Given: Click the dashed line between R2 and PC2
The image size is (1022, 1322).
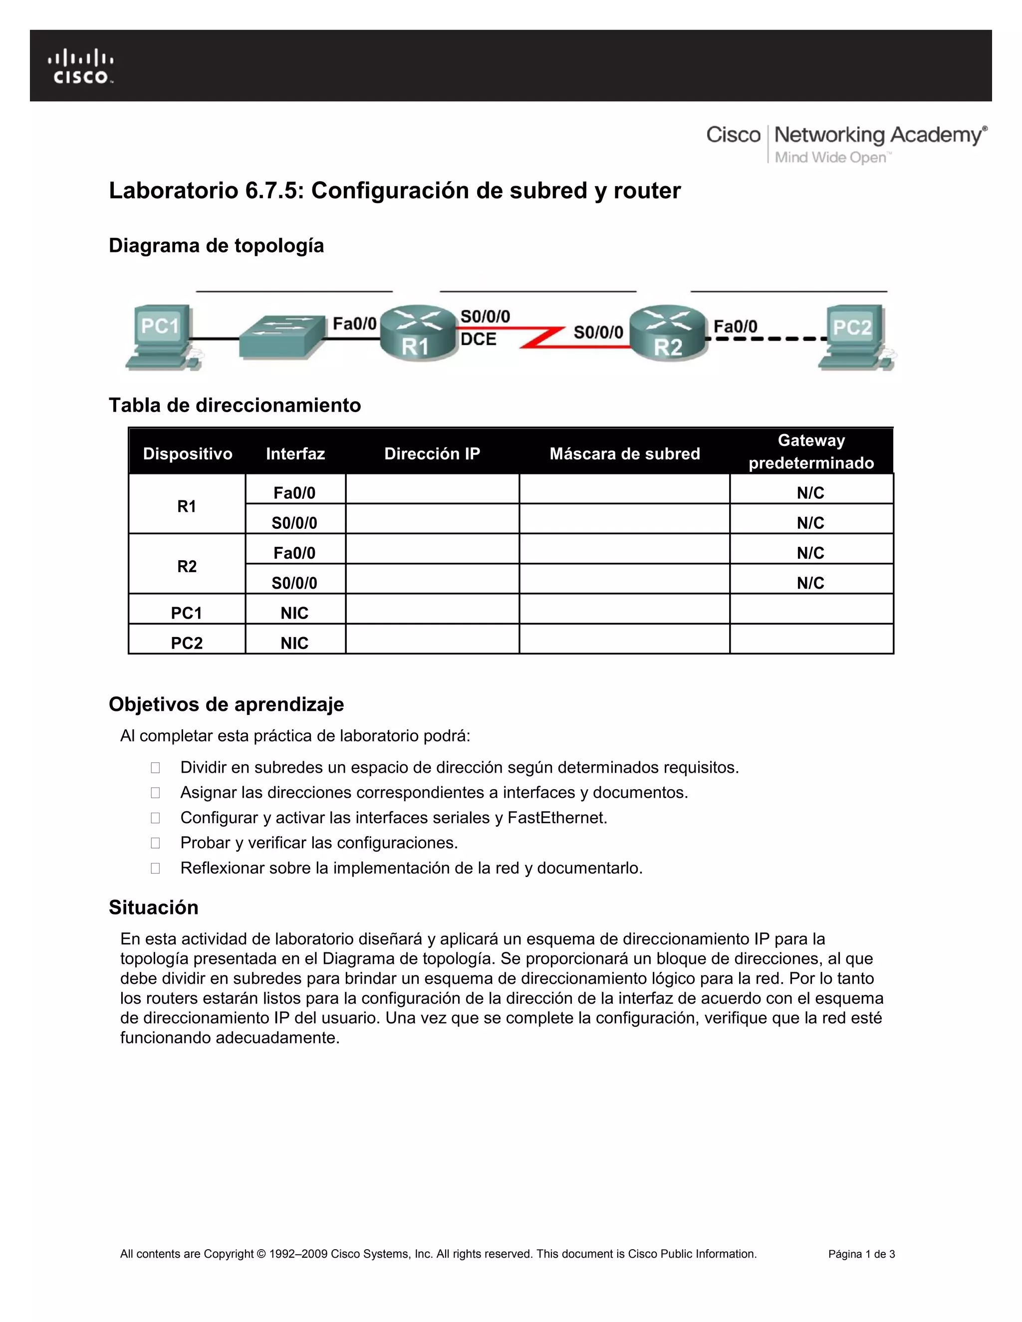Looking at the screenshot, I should (x=766, y=339).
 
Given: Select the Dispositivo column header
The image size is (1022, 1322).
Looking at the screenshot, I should (x=188, y=453).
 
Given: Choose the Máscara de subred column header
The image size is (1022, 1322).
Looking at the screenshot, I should (x=624, y=453).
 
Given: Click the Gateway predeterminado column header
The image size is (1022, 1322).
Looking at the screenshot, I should (x=811, y=451).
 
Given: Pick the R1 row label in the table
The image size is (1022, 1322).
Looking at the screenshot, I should (x=187, y=506).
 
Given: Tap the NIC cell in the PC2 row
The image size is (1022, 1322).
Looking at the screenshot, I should (x=294, y=643).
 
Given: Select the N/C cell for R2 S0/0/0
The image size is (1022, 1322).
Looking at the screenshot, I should (x=811, y=583).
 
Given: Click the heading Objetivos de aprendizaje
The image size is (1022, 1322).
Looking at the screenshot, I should (x=226, y=704).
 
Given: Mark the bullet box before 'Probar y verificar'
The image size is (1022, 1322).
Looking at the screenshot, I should (x=156, y=843).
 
